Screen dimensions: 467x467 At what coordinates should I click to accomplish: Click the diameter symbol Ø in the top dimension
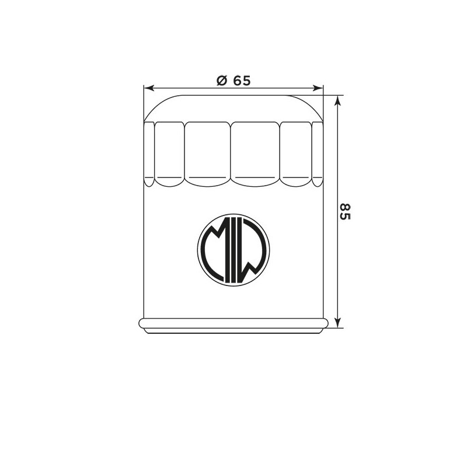[222, 81]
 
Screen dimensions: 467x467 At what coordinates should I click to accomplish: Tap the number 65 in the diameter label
[242, 81]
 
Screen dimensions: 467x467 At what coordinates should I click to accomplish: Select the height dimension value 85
[345, 211]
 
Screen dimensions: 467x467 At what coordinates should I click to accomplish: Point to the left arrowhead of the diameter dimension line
[149, 88]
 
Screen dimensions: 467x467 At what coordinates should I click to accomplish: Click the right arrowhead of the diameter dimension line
[318, 88]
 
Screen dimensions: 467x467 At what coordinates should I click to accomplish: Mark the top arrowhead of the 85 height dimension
[337, 100]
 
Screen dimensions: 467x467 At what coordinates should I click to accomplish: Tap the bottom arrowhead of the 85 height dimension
[337, 323]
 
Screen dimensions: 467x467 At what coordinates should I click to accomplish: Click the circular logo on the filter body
[233, 250]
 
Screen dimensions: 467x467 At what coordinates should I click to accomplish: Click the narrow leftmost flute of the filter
[149, 154]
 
